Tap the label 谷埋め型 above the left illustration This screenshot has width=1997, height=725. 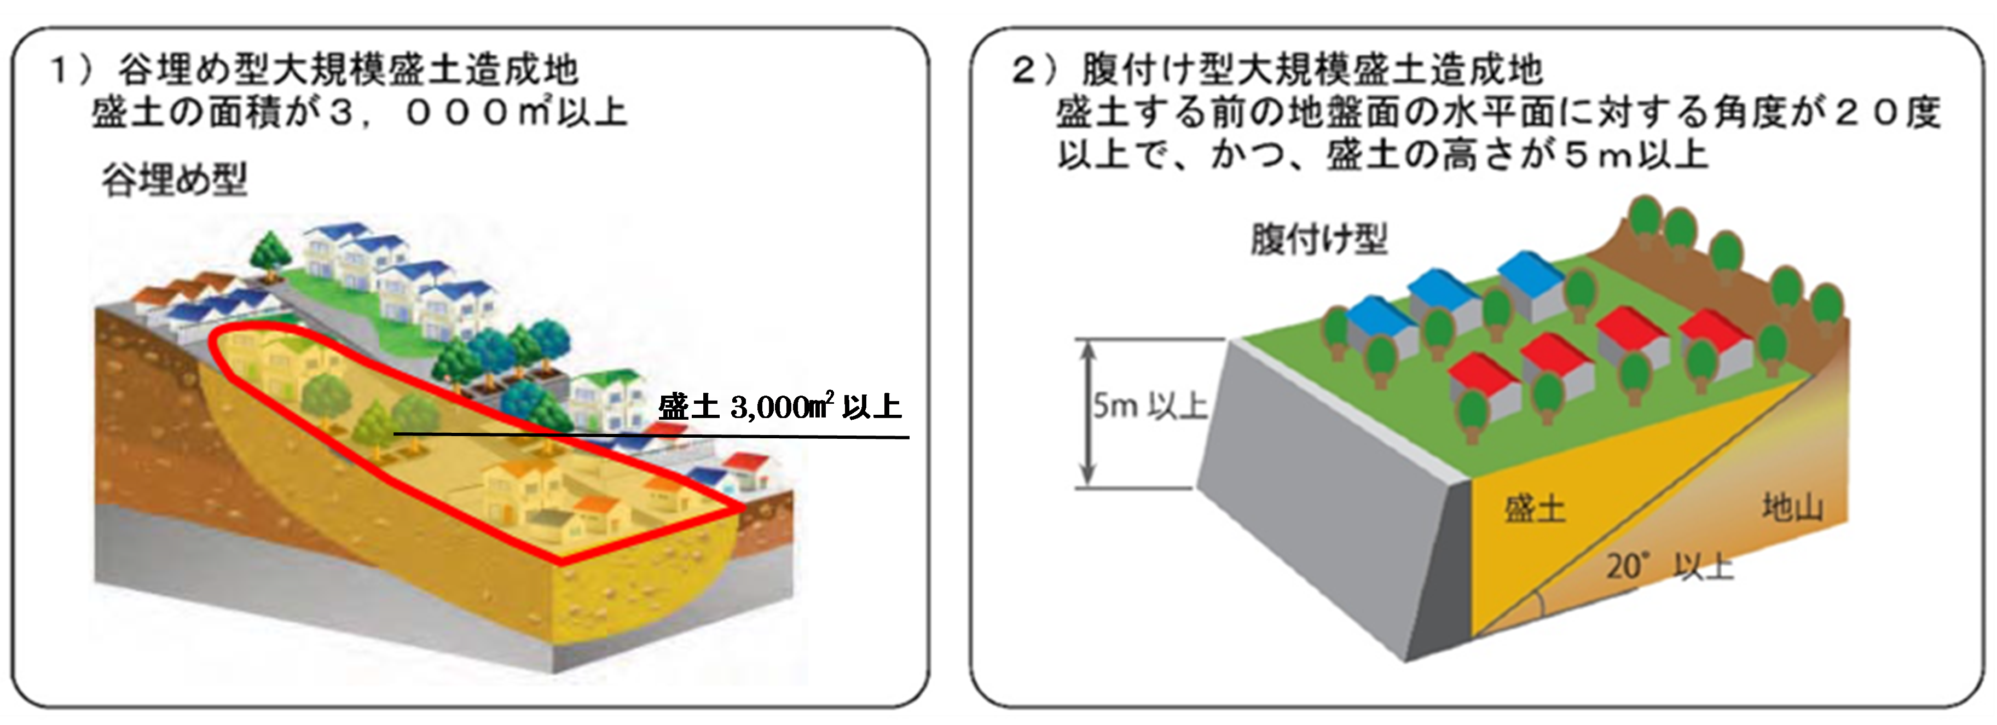point(175,180)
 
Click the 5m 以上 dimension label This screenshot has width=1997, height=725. point(1150,405)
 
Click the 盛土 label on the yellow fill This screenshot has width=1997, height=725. point(1535,509)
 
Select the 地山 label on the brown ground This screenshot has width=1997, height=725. point(1792,507)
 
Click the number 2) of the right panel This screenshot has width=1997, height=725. point(1034,70)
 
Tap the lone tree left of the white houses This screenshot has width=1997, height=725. point(270,252)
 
